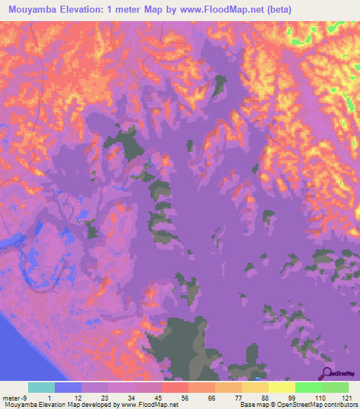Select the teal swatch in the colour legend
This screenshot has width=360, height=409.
click(41, 387)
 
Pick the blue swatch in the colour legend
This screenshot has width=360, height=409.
click(68, 387)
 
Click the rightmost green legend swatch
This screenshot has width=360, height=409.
click(335, 387)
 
